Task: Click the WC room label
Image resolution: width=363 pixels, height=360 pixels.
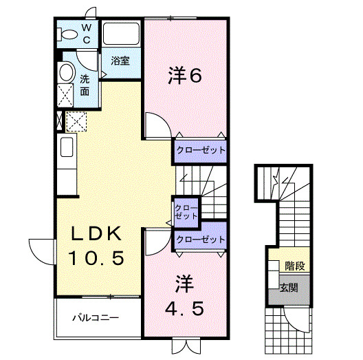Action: (87, 33)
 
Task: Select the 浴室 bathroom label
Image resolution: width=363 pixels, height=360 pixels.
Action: (121, 61)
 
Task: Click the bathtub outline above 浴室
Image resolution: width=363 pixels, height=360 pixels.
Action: (121, 34)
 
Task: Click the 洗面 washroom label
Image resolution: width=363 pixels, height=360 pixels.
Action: (85, 85)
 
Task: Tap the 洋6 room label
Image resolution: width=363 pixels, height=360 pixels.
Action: (185, 75)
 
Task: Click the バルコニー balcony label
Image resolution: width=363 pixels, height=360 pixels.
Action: (97, 318)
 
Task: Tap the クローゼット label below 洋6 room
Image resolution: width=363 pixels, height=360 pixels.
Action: (199, 149)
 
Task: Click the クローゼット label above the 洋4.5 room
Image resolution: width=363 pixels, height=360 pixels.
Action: (200, 240)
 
